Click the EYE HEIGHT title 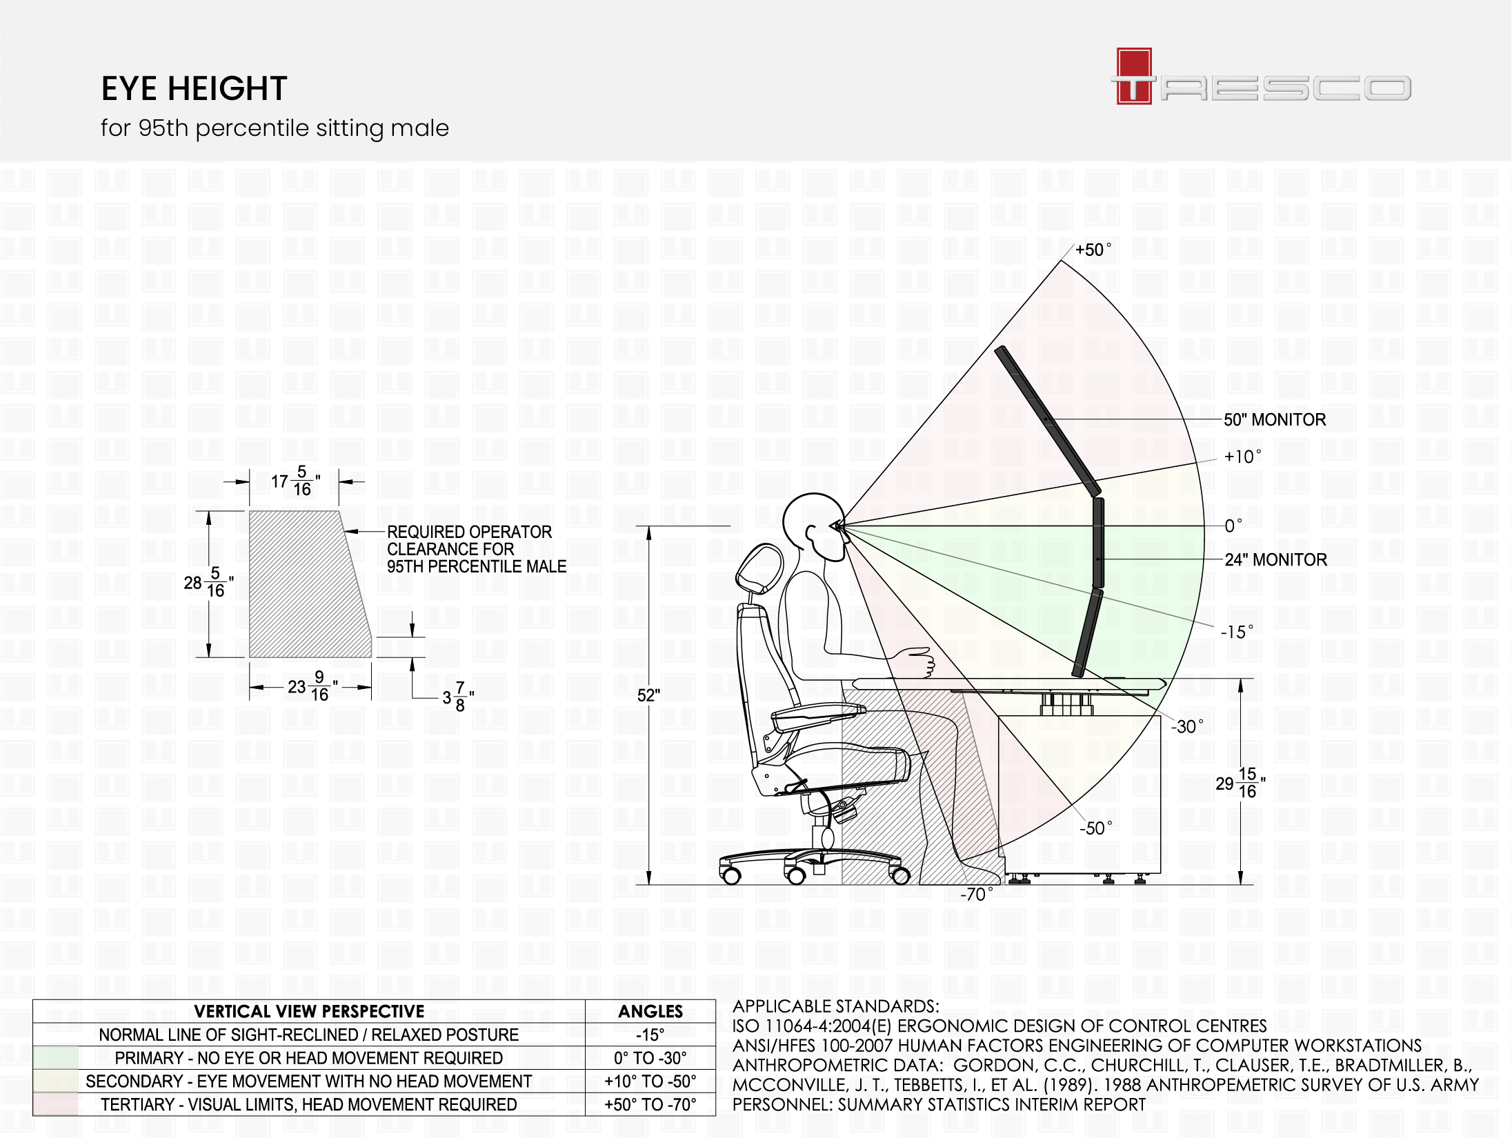coord(194,89)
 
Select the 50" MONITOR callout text coord(1274,420)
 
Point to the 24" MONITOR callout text coord(1275,560)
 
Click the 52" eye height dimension coord(648,695)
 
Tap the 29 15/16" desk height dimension coord(1240,783)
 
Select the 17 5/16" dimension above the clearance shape coord(295,481)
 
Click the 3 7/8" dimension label coord(458,697)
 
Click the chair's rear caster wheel coord(731,875)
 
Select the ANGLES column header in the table coord(650,1012)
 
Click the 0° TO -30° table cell coord(650,1058)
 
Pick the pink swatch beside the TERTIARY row coord(56,1104)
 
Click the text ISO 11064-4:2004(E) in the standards coord(811,1026)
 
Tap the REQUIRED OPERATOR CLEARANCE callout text coord(476,550)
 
